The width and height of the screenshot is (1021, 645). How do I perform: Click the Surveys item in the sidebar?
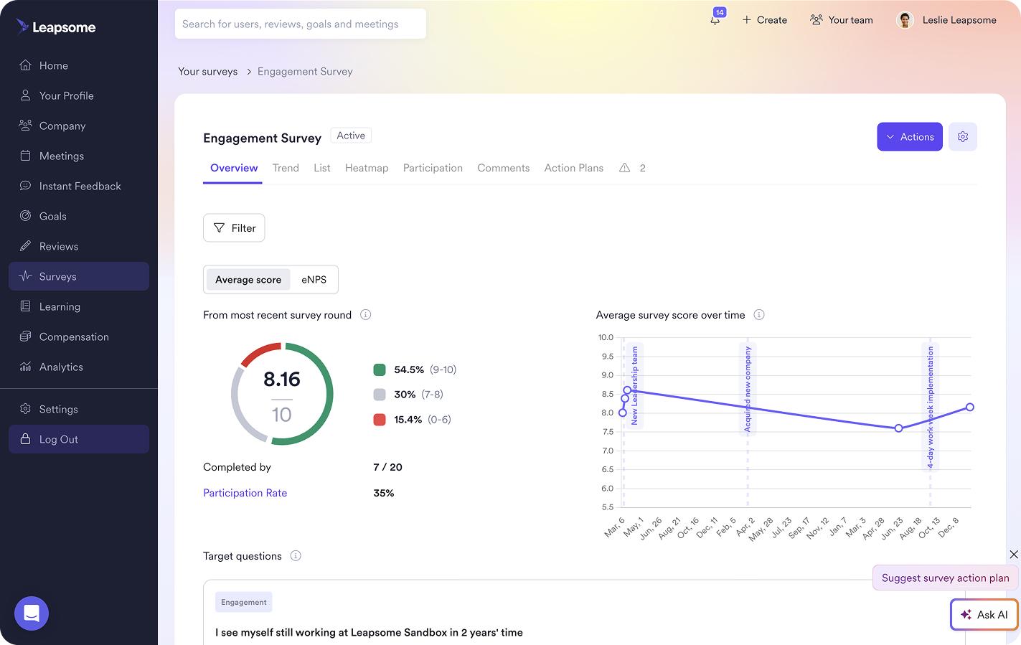click(x=78, y=276)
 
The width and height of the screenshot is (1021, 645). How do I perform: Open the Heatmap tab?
click(x=366, y=168)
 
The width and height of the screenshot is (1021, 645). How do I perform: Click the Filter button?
click(x=234, y=228)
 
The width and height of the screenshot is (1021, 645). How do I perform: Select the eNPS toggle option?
click(x=314, y=280)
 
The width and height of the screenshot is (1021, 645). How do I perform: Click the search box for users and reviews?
click(x=300, y=24)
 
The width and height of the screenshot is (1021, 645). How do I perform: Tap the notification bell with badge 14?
click(x=715, y=19)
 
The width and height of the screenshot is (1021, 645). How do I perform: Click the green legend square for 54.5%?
click(x=380, y=370)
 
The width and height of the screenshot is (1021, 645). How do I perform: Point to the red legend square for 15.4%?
click(x=380, y=420)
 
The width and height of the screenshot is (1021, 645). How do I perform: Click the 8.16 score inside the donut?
click(x=281, y=379)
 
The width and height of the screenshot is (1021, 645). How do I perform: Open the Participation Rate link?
click(x=245, y=493)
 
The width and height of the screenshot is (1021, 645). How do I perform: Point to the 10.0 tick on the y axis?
click(x=606, y=337)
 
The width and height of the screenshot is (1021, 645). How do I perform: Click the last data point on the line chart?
click(x=969, y=407)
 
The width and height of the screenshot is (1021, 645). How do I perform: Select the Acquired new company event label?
click(x=748, y=388)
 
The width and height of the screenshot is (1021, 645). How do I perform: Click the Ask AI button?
click(x=984, y=615)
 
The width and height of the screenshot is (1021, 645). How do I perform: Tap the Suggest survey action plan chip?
click(x=944, y=578)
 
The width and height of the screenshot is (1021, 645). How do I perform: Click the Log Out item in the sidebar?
click(x=78, y=439)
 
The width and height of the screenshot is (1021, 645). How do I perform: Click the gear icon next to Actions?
click(x=962, y=137)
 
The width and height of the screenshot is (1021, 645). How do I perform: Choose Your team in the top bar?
click(x=841, y=20)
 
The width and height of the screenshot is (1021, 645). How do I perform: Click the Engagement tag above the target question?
click(x=243, y=603)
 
